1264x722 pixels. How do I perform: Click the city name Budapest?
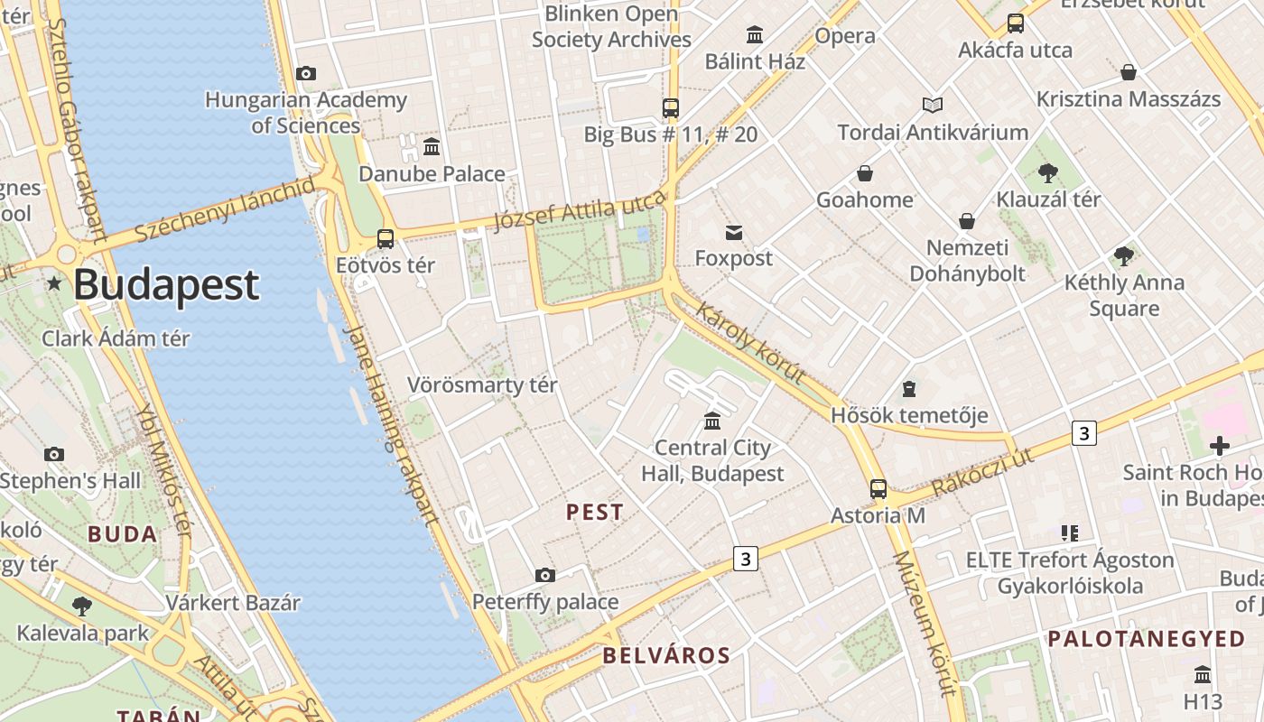click(166, 284)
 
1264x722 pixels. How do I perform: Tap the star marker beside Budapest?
click(54, 284)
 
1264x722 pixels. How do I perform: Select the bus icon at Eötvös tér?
click(386, 239)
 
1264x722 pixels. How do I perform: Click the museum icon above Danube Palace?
click(432, 146)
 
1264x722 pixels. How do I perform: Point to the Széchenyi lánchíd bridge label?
click(225, 209)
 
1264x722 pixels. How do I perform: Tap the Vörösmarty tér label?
click(482, 385)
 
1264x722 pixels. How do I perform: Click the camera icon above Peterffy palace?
click(544, 575)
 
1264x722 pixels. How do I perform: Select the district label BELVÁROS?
click(666, 655)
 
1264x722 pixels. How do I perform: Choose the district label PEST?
click(594, 513)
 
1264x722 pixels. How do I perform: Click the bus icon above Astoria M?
click(878, 489)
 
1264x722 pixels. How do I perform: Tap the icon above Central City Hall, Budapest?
click(712, 421)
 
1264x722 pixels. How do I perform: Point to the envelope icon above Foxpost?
click(734, 233)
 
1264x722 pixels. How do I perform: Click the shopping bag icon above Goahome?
click(865, 173)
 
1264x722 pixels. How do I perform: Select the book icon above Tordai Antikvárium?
click(933, 106)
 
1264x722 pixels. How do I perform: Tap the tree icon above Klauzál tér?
click(1048, 172)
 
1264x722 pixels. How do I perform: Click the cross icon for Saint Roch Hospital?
click(1220, 446)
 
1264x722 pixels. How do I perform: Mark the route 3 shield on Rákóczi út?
click(1084, 433)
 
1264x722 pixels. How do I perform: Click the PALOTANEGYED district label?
click(1146, 639)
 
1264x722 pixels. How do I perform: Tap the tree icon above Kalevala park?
click(82, 606)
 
